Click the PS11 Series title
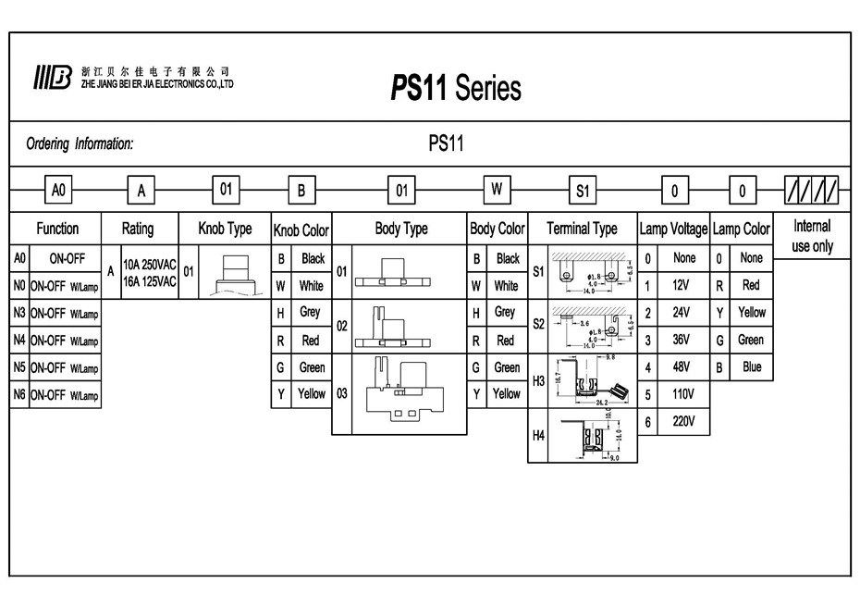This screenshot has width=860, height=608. (455, 87)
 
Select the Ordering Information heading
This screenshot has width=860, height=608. (80, 143)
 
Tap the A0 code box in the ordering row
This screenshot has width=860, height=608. (58, 191)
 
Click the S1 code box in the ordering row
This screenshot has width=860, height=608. (582, 192)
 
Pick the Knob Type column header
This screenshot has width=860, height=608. (225, 229)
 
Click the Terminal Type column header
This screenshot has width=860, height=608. (582, 229)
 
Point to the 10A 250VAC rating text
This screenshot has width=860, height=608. (150, 263)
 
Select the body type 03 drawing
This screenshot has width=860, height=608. (399, 393)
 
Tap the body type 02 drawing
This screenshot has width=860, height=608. (399, 326)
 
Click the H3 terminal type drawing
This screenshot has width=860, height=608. (590, 381)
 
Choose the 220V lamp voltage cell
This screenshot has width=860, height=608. (683, 421)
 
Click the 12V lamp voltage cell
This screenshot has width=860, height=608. (683, 286)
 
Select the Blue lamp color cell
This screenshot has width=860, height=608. (752, 366)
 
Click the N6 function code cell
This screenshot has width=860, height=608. (19, 395)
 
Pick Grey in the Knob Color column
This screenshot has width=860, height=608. (310, 313)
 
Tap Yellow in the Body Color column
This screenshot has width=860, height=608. (506, 393)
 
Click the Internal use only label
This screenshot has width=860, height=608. (812, 236)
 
